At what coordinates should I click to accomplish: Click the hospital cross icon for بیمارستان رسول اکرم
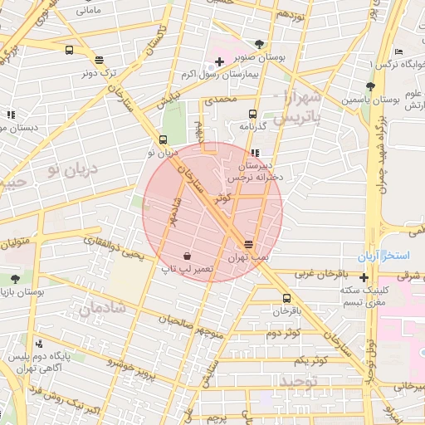[x=219, y=61]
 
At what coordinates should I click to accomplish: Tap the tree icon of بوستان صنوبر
[x=260, y=44]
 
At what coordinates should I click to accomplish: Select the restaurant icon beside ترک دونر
[x=100, y=60]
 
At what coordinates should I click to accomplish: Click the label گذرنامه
[x=252, y=126]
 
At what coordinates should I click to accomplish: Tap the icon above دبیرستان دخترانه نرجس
[x=255, y=153]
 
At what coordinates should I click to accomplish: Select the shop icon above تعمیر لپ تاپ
[x=187, y=256]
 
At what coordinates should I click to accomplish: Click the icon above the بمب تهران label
[x=248, y=243]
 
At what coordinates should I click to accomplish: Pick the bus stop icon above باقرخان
[x=286, y=298]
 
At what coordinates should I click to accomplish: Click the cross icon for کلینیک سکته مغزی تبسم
[x=364, y=276]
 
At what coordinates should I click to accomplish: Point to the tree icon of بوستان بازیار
[x=15, y=279]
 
